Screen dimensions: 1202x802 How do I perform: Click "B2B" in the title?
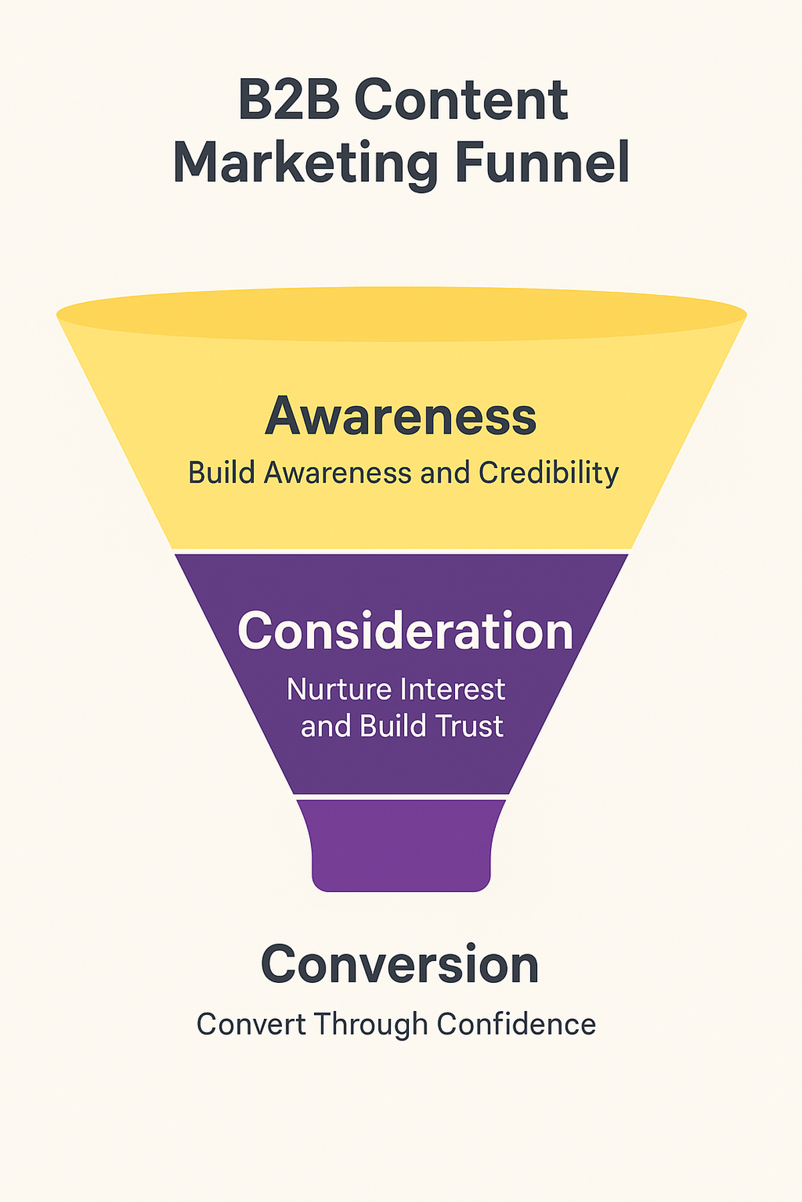(x=289, y=100)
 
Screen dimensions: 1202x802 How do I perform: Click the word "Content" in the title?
(x=461, y=100)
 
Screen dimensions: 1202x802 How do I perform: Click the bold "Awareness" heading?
(x=401, y=417)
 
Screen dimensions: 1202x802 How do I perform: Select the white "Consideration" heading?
(x=405, y=632)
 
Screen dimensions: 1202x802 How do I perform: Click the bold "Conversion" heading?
(x=400, y=965)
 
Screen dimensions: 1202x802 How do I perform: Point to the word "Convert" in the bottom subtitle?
(x=251, y=1024)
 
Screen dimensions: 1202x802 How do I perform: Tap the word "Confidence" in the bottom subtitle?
(x=516, y=1024)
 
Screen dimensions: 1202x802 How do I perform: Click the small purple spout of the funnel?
(x=401, y=845)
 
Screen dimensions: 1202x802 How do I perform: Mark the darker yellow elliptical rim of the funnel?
(x=401, y=314)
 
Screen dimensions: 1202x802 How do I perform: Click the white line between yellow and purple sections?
(x=401, y=551)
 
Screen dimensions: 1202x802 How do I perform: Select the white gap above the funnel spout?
(x=401, y=797)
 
